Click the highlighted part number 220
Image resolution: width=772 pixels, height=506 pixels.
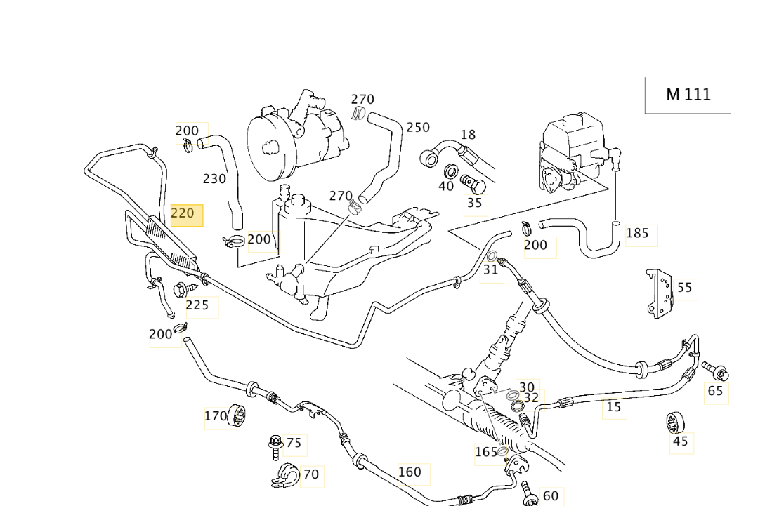183,213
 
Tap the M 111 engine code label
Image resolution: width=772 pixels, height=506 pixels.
688,95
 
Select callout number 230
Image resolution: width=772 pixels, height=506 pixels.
215,179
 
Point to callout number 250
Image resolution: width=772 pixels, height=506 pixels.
418,127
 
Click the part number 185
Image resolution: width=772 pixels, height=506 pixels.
638,233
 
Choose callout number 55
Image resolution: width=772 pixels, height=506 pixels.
685,288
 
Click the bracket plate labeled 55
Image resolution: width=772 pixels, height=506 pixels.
660,293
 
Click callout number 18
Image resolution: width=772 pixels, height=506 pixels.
469,135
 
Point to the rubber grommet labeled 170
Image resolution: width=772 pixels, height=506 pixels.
237,416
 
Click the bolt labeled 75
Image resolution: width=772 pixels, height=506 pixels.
275,446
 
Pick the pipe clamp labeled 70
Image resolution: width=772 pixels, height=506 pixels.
286,476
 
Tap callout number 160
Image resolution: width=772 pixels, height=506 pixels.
410,472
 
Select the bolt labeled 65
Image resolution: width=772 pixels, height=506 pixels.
715,371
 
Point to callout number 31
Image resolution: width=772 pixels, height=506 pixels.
491,269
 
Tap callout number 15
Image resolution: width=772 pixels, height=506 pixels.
614,407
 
